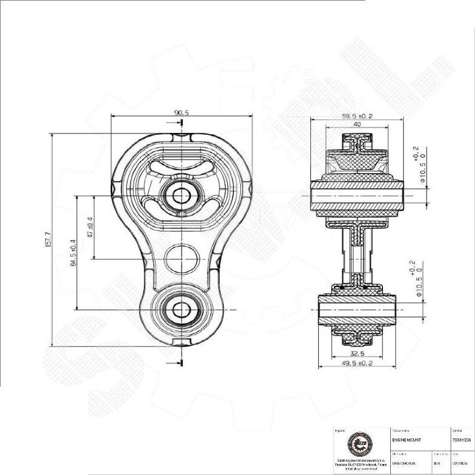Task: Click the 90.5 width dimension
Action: click(x=181, y=112)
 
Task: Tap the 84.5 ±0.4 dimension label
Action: click(x=73, y=252)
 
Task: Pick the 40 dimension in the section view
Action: click(x=357, y=125)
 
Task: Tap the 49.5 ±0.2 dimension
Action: click(x=357, y=363)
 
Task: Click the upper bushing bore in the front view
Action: click(x=181, y=195)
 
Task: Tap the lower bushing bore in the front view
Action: click(x=181, y=309)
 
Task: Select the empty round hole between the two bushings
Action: click(x=181, y=259)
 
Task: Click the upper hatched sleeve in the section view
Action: click(x=357, y=196)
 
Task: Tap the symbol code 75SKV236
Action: click(x=462, y=439)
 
